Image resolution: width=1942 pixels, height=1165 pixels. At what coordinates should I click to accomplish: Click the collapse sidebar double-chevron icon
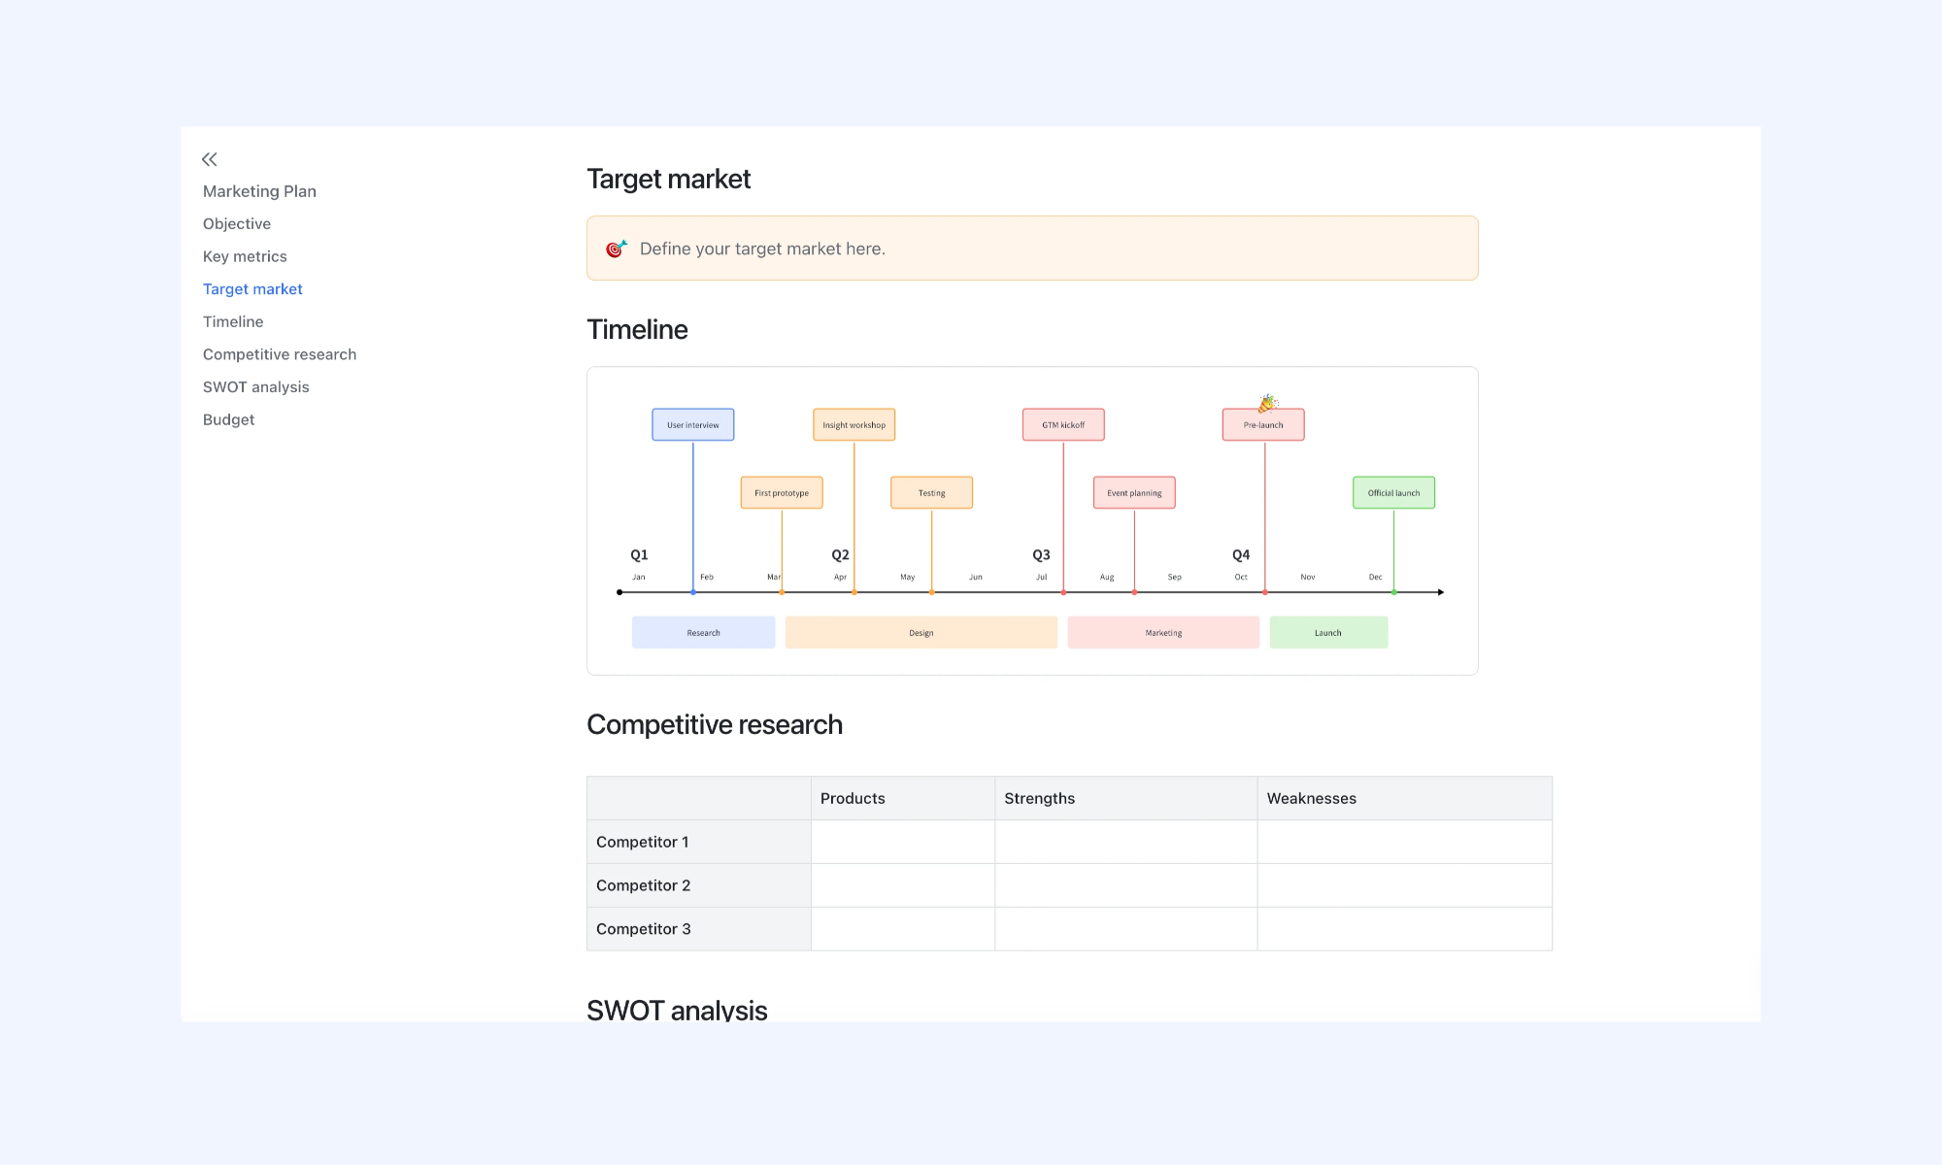[x=210, y=159]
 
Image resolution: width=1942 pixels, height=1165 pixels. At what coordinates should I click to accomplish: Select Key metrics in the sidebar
[x=245, y=256]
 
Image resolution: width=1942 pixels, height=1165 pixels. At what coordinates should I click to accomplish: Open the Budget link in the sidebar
[x=228, y=419]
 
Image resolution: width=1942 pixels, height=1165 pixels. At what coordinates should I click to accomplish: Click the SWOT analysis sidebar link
[x=255, y=386]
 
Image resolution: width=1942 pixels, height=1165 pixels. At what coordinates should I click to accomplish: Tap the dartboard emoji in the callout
[x=616, y=249]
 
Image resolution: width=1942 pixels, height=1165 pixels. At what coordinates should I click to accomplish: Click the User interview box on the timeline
[x=693, y=424]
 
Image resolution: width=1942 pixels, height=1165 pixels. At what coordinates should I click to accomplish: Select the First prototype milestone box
[x=782, y=492]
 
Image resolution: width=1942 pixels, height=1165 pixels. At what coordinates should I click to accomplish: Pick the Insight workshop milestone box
[x=854, y=424]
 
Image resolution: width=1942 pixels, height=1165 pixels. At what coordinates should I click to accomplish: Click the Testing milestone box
[x=932, y=492]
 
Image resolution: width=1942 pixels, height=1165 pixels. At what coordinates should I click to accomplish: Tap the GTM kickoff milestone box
[x=1063, y=424]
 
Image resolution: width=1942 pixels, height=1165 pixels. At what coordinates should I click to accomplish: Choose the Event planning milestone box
[x=1134, y=492]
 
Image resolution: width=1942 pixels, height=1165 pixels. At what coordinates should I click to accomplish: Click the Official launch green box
[x=1394, y=492]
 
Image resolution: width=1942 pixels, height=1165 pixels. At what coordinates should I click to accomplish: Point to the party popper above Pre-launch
[x=1268, y=403]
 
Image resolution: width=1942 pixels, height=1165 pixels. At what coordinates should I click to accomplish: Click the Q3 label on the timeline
[x=1041, y=554]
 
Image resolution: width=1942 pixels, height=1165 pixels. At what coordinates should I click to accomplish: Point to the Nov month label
[x=1308, y=577]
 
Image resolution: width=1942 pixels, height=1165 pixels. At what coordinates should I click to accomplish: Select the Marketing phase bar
[x=1163, y=632]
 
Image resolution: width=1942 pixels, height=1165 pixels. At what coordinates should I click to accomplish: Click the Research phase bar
[x=704, y=632]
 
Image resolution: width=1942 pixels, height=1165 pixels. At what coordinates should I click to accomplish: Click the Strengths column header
[x=1040, y=798]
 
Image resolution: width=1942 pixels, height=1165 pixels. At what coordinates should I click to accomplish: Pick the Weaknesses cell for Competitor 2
[x=1405, y=885]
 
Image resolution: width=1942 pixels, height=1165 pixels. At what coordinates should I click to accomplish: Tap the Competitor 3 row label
[x=644, y=929]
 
